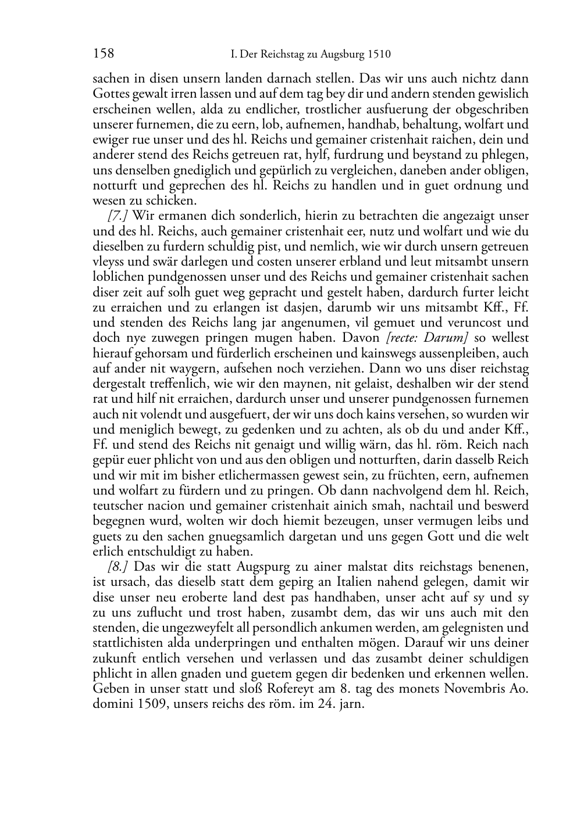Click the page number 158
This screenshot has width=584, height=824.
(104, 54)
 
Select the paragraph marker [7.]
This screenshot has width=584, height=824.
(118, 216)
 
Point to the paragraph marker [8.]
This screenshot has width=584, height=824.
(118, 567)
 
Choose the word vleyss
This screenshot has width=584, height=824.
(109, 261)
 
